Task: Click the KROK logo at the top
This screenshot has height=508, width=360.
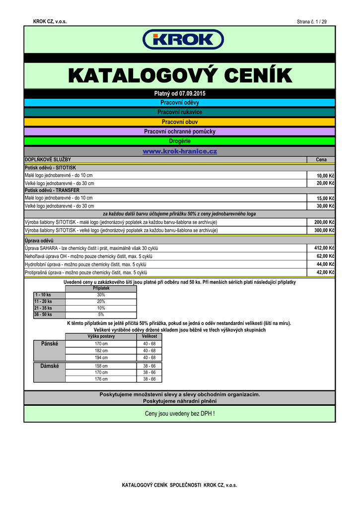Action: tap(183, 40)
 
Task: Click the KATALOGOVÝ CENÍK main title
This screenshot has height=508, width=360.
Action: tap(180, 76)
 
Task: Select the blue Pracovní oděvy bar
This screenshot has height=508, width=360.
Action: tap(180, 103)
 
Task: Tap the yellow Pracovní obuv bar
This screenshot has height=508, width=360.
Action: tap(180, 122)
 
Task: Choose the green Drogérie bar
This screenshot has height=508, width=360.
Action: tap(180, 141)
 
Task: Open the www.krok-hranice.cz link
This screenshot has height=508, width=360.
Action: tap(180, 151)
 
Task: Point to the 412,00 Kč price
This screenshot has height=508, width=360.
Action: tap(325, 248)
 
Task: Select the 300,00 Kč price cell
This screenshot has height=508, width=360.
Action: tap(325, 230)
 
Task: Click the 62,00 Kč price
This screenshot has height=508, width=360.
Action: tap(326, 256)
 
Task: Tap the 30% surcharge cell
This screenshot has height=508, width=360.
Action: tap(101, 295)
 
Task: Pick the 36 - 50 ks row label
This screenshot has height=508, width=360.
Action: tap(43, 315)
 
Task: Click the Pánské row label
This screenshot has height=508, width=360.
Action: tap(49, 343)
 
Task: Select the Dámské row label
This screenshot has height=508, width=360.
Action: tap(49, 366)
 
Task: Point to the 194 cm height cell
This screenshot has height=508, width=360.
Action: tap(101, 358)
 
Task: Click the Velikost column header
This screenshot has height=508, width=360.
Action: tap(149, 336)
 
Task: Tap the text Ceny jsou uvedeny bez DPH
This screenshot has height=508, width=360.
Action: tap(180, 413)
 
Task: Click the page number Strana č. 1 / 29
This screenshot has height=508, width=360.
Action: tap(311, 21)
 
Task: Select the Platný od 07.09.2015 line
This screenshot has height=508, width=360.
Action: tap(180, 93)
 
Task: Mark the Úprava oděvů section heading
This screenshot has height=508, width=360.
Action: tap(39, 240)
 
